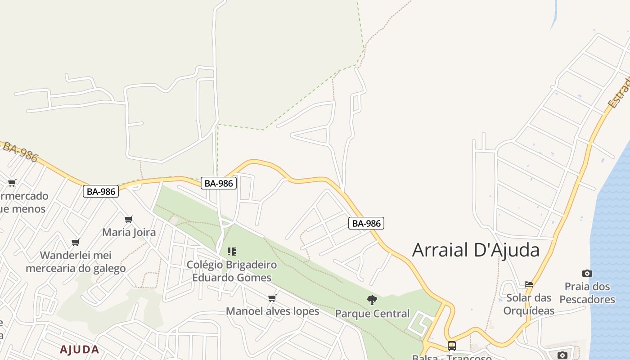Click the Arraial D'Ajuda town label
476,250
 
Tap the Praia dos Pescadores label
587,293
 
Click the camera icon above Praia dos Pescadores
587,273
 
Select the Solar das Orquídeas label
529,304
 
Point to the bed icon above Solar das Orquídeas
529,284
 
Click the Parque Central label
372,314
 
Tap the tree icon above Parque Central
372,300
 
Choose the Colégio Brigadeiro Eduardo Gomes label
232,271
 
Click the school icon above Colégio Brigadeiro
232,251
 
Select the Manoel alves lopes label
272,311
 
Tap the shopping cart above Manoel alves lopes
272,298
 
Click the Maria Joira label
129,233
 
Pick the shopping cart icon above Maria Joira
129,220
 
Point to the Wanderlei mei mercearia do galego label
76,262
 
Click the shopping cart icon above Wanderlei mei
76,243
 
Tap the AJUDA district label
79,350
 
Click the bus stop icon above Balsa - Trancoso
451,346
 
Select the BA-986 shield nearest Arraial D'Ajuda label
366,223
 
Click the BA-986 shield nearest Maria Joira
101,191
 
